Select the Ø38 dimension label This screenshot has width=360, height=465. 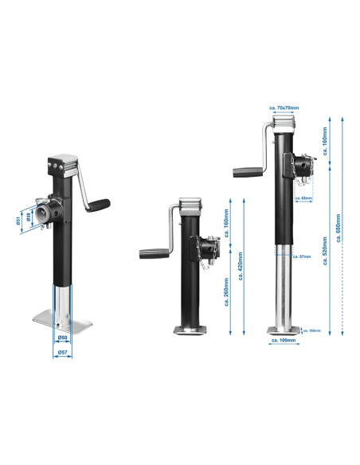pyautogui.click(x=28, y=216)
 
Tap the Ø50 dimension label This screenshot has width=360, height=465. pyautogui.click(x=63, y=338)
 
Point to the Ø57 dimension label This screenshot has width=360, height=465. pyautogui.click(x=63, y=350)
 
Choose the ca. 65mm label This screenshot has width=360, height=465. pyautogui.click(x=303, y=197)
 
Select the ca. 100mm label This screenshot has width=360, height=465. pyautogui.click(x=283, y=341)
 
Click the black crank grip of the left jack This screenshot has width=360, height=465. pyautogui.click(x=98, y=205)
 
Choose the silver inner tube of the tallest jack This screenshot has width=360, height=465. pyautogui.click(x=282, y=287)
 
